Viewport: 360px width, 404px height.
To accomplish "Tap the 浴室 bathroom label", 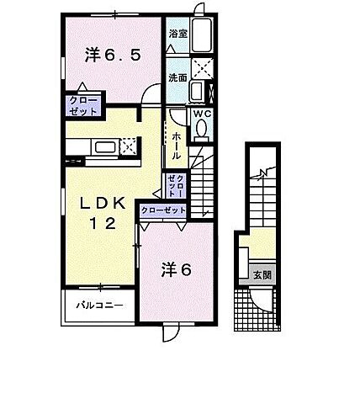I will pyautogui.click(x=177, y=35).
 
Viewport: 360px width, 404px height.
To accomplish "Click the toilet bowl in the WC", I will pyautogui.click(x=202, y=129).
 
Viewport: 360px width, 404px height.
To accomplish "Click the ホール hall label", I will pyautogui.click(x=176, y=143).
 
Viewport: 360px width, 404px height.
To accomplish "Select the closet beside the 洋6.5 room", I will pyautogui.click(x=82, y=106).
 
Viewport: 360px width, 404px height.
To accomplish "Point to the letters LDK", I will pyautogui.click(x=103, y=205).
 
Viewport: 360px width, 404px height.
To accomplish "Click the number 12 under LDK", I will pyautogui.click(x=103, y=225).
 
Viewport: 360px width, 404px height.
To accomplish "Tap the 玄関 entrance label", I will pyautogui.click(x=260, y=274).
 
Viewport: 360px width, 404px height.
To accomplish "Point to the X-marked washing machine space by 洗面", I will pyautogui.click(x=202, y=70).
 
